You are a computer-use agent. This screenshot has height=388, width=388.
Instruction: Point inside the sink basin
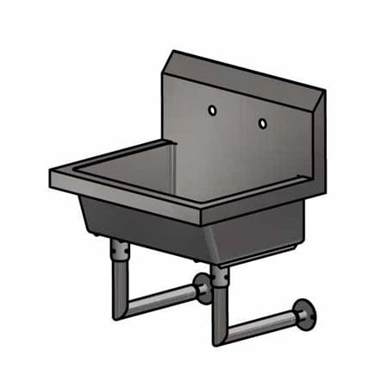(164, 172)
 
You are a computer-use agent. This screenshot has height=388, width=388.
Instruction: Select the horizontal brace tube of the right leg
(259, 322)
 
